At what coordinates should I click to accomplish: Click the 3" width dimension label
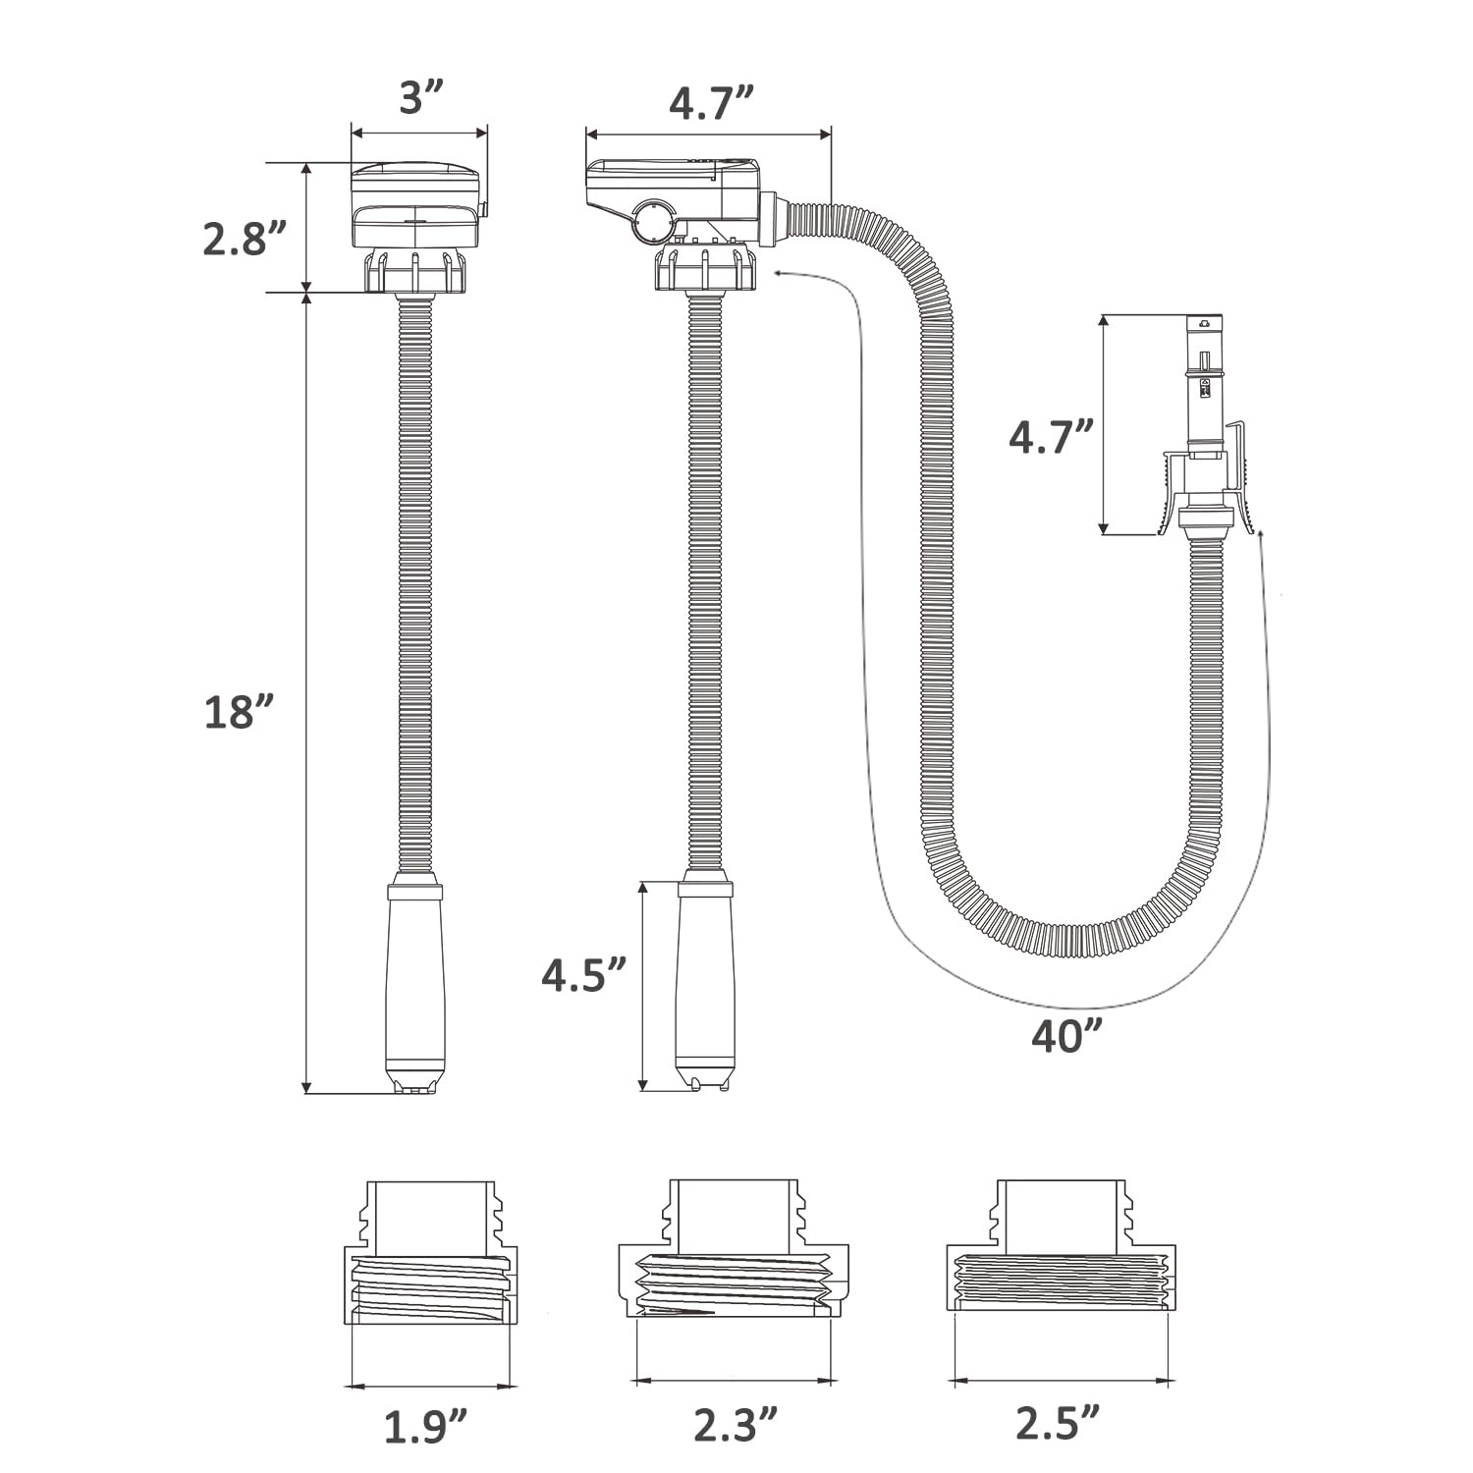click(x=420, y=98)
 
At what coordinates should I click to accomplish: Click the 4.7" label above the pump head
click(x=711, y=102)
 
